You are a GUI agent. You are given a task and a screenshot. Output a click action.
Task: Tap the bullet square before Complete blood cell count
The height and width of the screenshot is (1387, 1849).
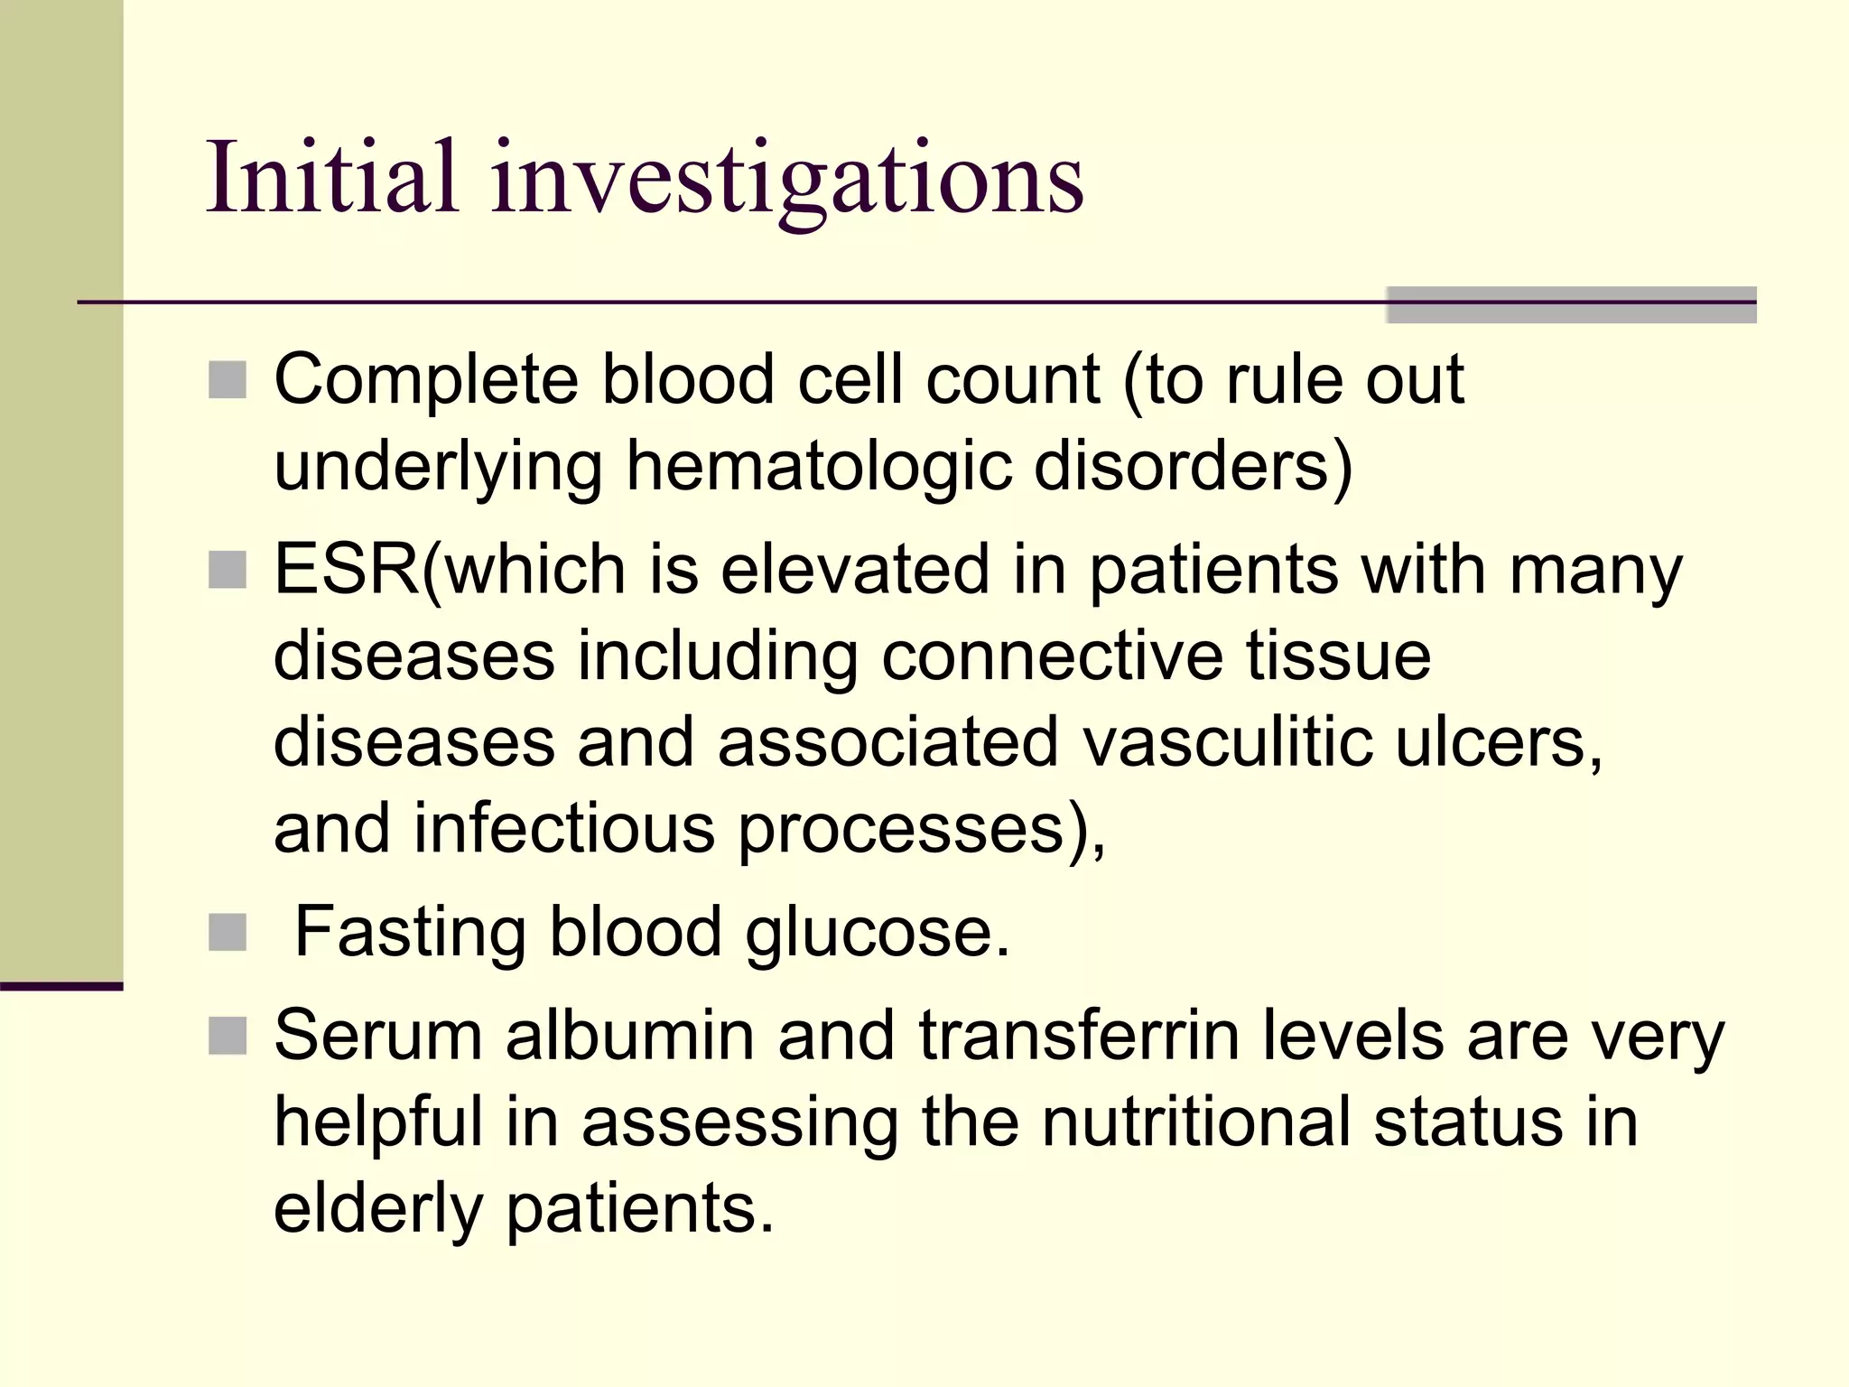[228, 380]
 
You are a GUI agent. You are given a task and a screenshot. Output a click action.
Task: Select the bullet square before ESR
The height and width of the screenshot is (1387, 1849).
[228, 571]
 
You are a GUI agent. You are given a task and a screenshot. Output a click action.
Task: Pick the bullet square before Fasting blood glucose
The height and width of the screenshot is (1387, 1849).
[228, 933]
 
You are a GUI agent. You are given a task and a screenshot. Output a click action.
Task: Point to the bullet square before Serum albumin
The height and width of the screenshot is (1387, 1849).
[228, 1036]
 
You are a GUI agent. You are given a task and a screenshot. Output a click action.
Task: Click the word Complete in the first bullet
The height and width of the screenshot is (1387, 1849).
[425, 380]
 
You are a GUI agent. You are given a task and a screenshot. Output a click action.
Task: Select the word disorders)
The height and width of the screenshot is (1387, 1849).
[1192, 466]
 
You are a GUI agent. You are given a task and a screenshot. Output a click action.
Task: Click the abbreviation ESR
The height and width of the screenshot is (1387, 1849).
[347, 570]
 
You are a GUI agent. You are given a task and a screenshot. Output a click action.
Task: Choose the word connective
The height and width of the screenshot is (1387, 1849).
[1051, 656]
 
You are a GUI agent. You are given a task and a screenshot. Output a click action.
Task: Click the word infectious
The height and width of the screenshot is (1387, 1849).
[563, 829]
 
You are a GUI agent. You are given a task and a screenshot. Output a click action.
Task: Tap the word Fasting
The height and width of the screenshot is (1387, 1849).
[410, 933]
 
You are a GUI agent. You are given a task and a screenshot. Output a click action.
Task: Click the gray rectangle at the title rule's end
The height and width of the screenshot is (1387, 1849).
[1570, 305]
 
